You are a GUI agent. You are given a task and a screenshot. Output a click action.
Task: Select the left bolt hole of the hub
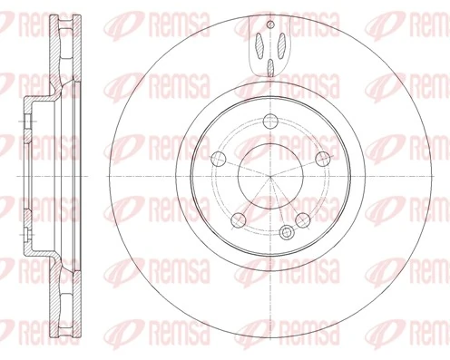(216, 159)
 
